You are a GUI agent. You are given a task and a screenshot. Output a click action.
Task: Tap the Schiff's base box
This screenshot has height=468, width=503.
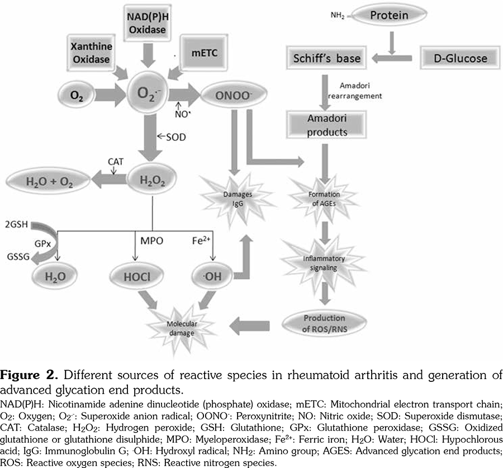[328, 58]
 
